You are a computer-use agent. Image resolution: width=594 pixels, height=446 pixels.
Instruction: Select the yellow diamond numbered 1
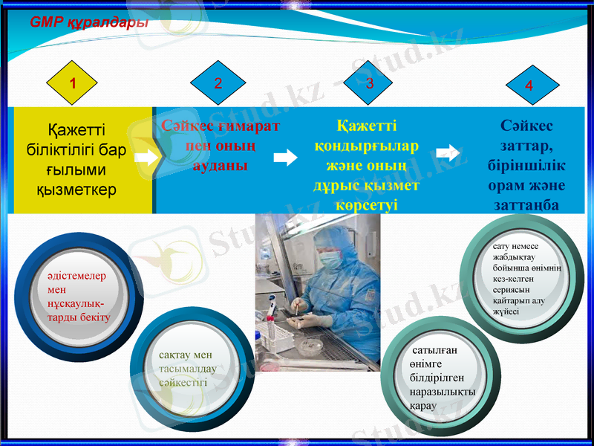(x=72, y=83)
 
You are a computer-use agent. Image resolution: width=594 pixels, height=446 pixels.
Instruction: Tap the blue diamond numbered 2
(x=218, y=83)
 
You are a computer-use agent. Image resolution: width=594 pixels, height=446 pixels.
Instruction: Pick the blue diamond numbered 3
(x=370, y=83)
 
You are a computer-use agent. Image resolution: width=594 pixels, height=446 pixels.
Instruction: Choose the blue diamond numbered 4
(x=529, y=85)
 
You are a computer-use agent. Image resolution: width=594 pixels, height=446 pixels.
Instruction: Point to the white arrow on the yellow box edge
(x=147, y=158)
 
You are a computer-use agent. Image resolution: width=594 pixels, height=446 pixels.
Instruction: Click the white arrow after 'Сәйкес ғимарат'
(x=285, y=157)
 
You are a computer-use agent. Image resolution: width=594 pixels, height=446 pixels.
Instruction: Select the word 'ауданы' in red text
(x=220, y=165)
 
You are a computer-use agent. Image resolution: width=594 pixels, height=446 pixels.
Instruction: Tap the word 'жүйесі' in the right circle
(x=506, y=311)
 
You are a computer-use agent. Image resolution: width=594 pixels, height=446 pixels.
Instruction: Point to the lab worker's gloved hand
(x=316, y=320)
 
